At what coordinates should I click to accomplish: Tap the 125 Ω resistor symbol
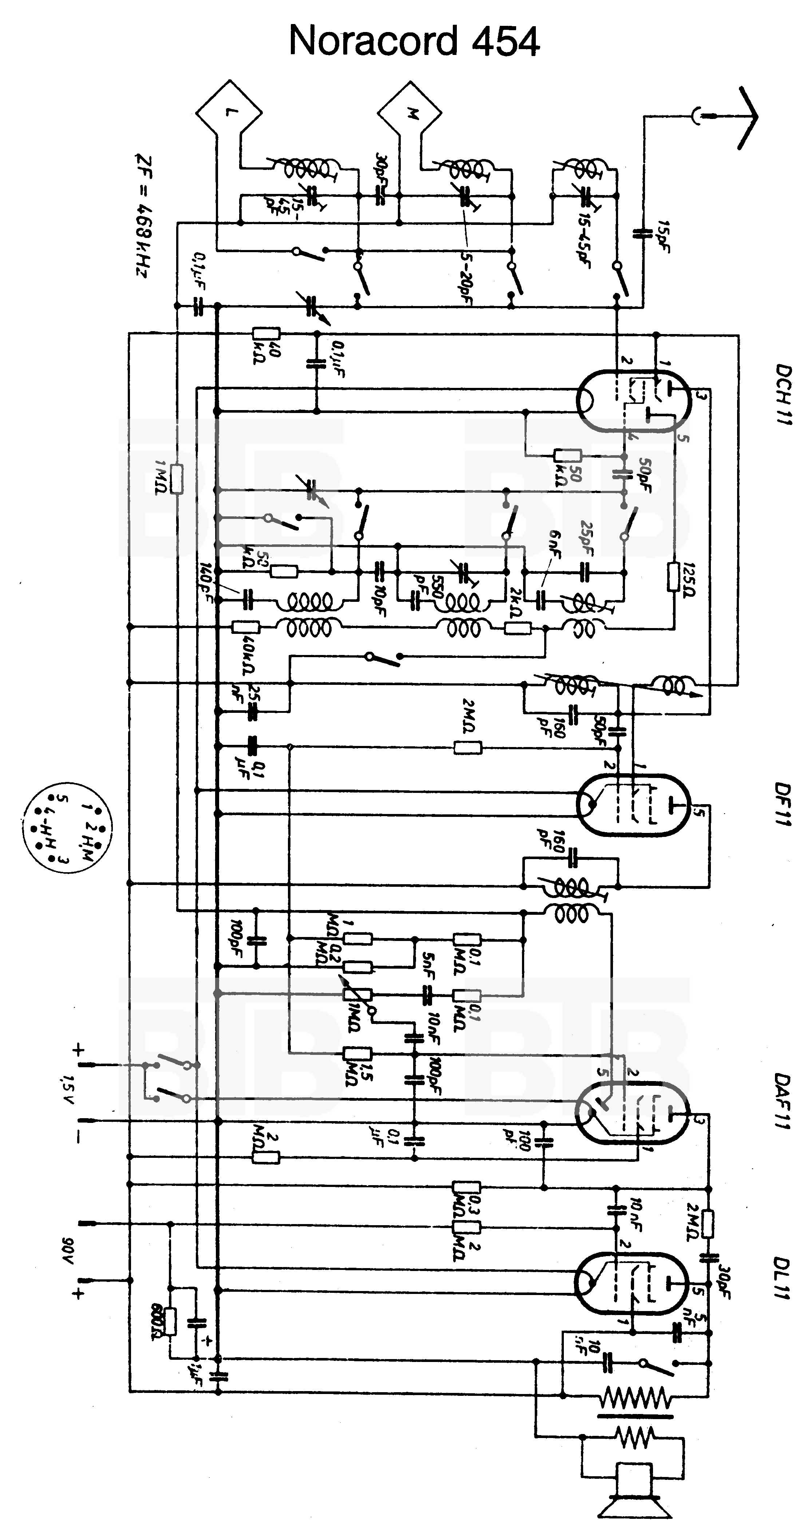(x=674, y=576)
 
